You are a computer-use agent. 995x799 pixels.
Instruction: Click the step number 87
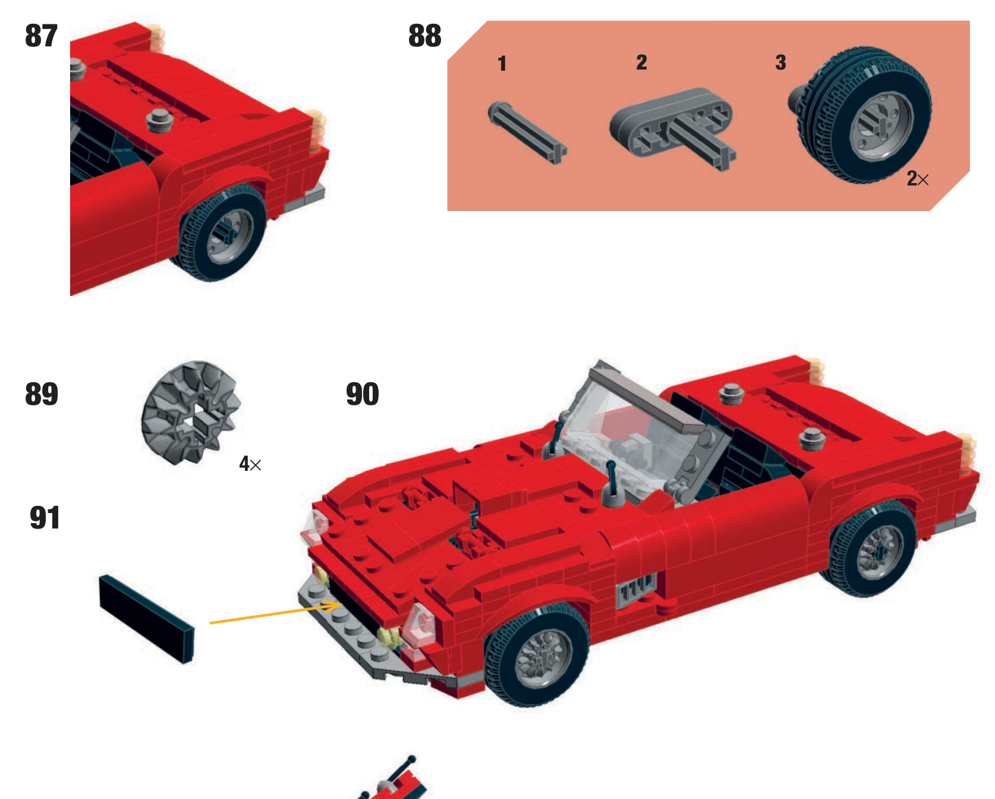coord(41,36)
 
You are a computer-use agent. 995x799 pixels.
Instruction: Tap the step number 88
coord(424,36)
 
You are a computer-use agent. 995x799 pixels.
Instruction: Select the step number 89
coord(42,394)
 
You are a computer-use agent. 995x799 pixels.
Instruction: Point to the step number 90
coord(363,394)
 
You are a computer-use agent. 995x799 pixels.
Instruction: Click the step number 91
coord(45,518)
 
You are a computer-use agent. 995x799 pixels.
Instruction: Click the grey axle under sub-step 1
coord(527,131)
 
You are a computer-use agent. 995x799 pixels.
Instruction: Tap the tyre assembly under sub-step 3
coord(861,115)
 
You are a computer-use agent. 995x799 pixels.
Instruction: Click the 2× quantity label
coord(917,178)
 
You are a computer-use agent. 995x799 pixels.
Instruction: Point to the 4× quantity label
coord(250,464)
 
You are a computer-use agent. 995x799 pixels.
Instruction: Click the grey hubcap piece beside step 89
coord(190,413)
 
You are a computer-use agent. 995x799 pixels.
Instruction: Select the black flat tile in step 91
coord(146,618)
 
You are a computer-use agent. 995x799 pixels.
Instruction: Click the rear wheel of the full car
coord(871,550)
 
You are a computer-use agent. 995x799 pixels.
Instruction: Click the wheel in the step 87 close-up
coord(222,233)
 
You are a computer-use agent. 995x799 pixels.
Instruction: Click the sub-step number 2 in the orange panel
coord(641,62)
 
